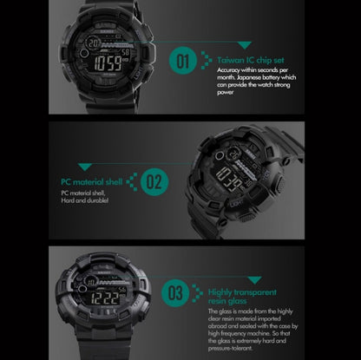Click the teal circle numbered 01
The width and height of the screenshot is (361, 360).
click(x=183, y=62)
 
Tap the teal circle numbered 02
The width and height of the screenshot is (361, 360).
click(x=154, y=182)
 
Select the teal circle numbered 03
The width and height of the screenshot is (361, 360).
click(x=175, y=291)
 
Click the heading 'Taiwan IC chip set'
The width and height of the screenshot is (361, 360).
click(x=250, y=59)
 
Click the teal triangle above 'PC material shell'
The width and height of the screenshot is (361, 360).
click(x=84, y=166)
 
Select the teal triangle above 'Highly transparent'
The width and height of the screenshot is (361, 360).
click(x=253, y=279)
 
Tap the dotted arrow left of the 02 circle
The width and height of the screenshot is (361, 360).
click(x=132, y=181)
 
